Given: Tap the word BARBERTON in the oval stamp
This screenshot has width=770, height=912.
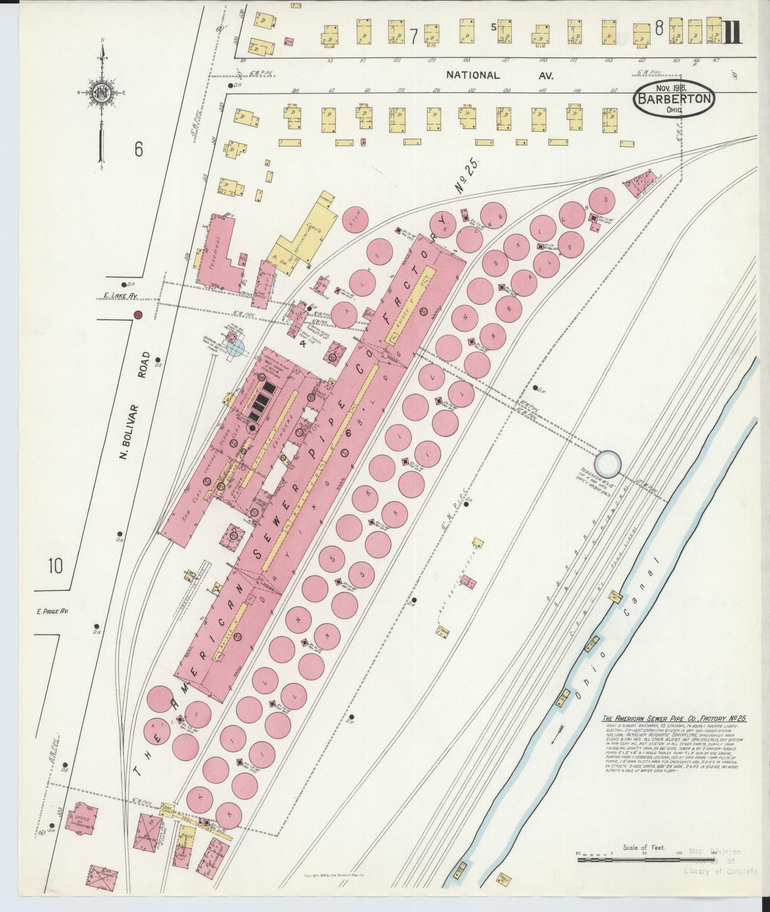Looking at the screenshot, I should click(674, 99).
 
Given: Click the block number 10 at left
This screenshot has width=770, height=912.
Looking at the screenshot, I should click(55, 566).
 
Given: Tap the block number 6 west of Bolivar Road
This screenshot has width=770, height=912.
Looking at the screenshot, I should click(138, 150).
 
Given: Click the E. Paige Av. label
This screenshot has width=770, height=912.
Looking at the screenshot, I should click(52, 611).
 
